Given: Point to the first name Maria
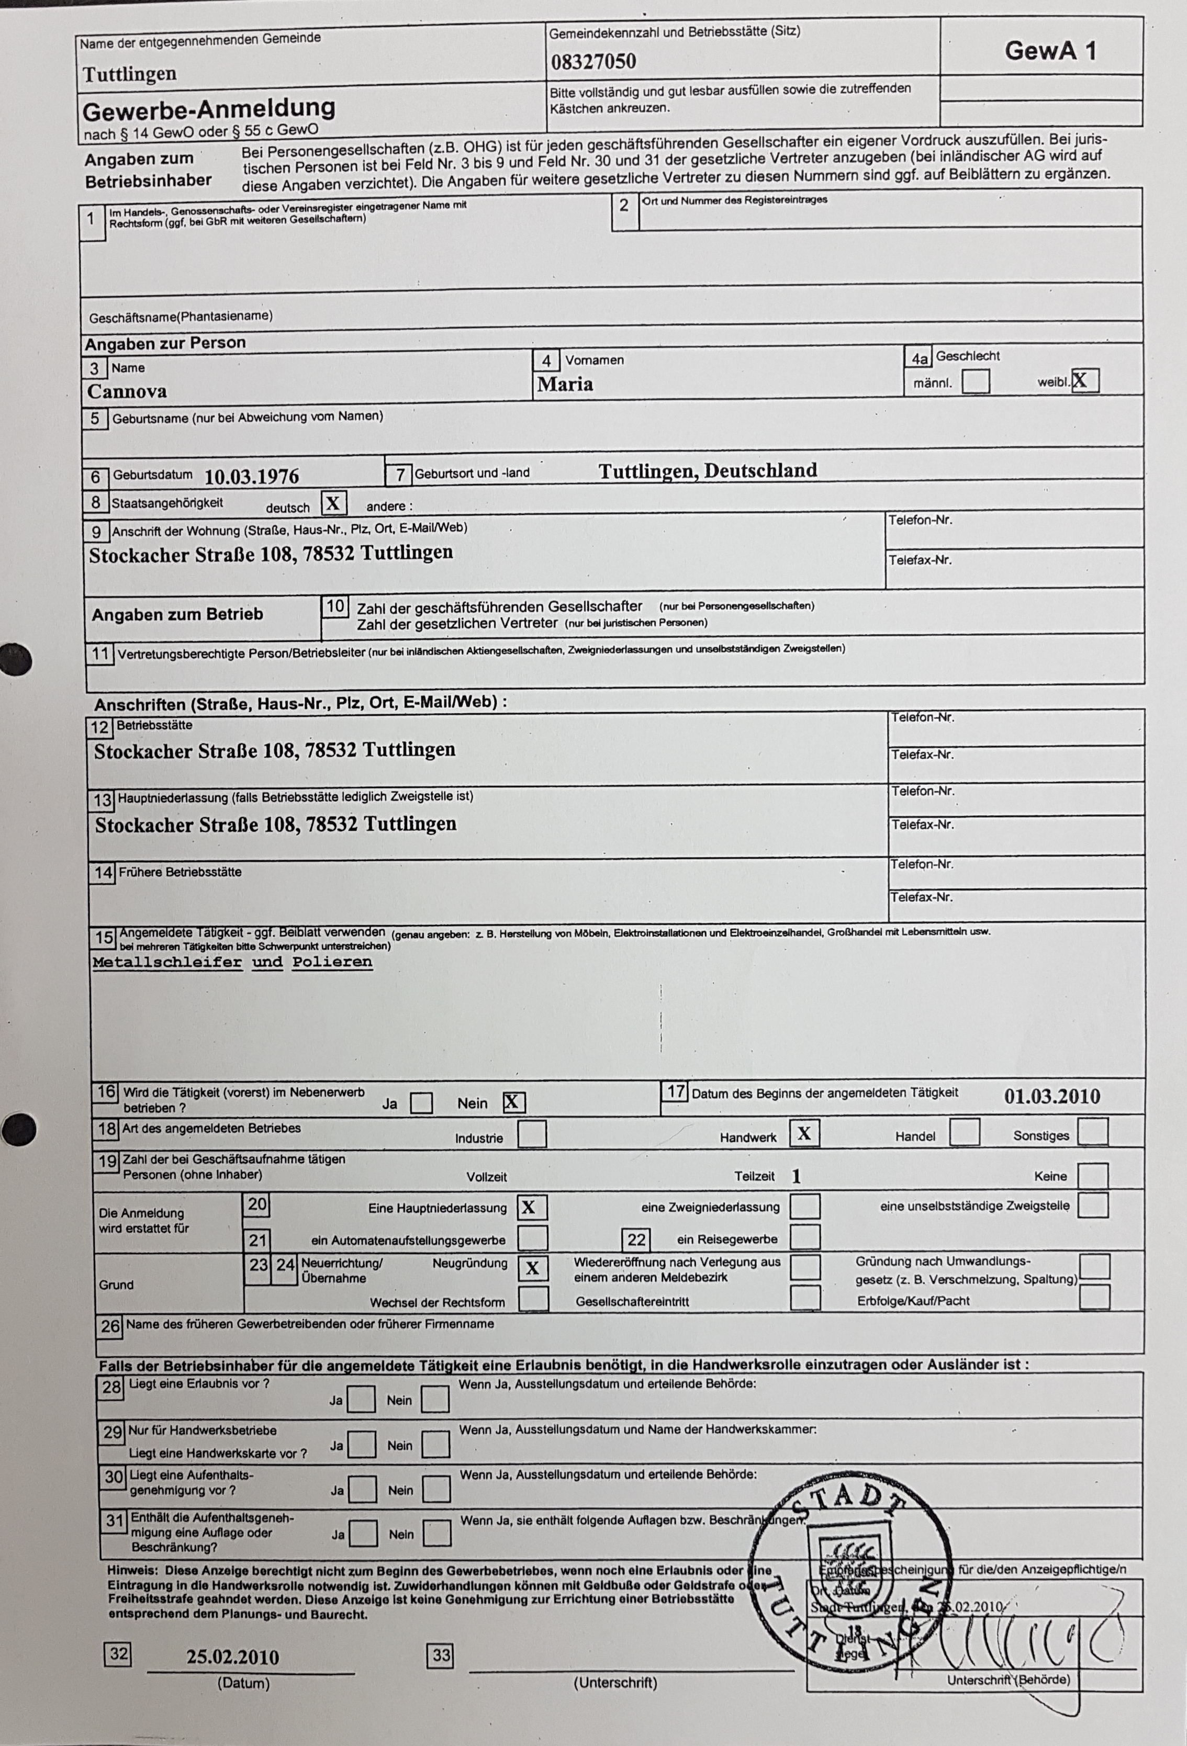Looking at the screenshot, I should click(x=565, y=385).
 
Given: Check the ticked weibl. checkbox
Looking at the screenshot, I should click(x=1085, y=381).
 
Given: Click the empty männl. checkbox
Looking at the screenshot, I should click(x=975, y=381).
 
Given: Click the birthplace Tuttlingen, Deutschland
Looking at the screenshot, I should click(x=708, y=471).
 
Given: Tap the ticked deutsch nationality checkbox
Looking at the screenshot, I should click(x=333, y=503).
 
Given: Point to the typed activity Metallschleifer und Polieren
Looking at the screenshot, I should click(x=232, y=962).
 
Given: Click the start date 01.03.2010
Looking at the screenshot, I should click(x=1052, y=1097).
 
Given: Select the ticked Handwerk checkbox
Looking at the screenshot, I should click(x=804, y=1133).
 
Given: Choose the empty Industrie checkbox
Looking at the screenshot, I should click(x=532, y=1134).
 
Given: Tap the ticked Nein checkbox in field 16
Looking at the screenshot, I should click(x=513, y=1102).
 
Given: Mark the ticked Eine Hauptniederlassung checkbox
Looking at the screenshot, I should click(x=532, y=1207).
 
